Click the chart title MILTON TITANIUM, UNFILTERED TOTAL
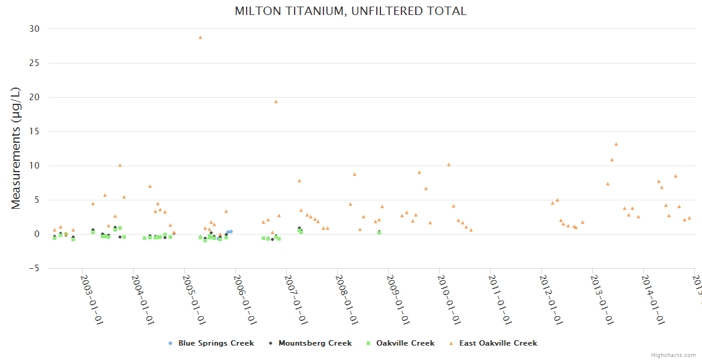tap(350, 11)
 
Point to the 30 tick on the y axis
tap(34, 29)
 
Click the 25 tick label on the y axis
tap(34, 63)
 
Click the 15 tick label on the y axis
tap(34, 131)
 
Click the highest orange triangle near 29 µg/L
tap(200, 37)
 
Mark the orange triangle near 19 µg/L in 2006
tap(276, 101)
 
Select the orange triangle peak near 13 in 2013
tap(616, 144)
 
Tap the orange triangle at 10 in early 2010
tap(449, 164)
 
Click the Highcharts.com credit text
tap(674, 355)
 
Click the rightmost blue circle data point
tap(231, 232)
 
